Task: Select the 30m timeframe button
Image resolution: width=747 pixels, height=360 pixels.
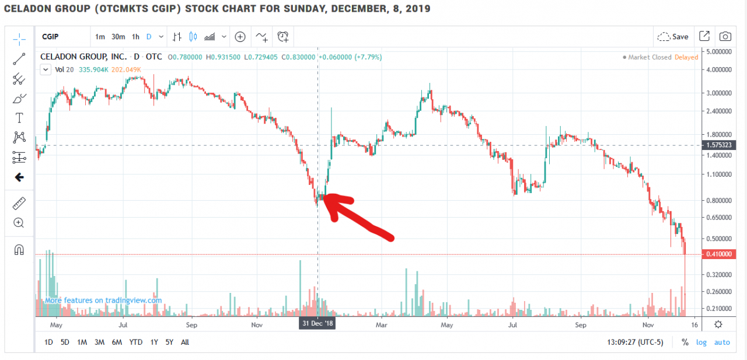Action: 118,37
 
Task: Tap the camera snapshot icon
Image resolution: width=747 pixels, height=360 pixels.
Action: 725,37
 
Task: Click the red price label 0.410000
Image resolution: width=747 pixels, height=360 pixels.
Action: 718,254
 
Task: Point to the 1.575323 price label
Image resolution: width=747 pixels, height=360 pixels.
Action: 718,145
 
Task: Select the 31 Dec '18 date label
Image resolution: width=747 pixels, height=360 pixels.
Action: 317,323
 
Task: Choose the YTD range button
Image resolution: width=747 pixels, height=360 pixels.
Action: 135,342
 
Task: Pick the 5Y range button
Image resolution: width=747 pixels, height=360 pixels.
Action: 169,342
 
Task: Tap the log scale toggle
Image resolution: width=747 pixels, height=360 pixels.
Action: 701,342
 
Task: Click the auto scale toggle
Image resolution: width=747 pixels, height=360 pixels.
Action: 722,342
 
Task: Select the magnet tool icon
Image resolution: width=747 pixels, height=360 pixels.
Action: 19,250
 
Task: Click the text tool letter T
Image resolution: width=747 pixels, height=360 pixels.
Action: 19,118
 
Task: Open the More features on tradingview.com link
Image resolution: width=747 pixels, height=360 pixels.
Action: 103,300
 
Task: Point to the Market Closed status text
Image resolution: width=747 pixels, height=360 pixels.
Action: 650,57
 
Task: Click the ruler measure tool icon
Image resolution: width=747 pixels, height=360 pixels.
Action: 19,203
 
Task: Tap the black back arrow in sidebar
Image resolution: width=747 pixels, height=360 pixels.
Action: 19,177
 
